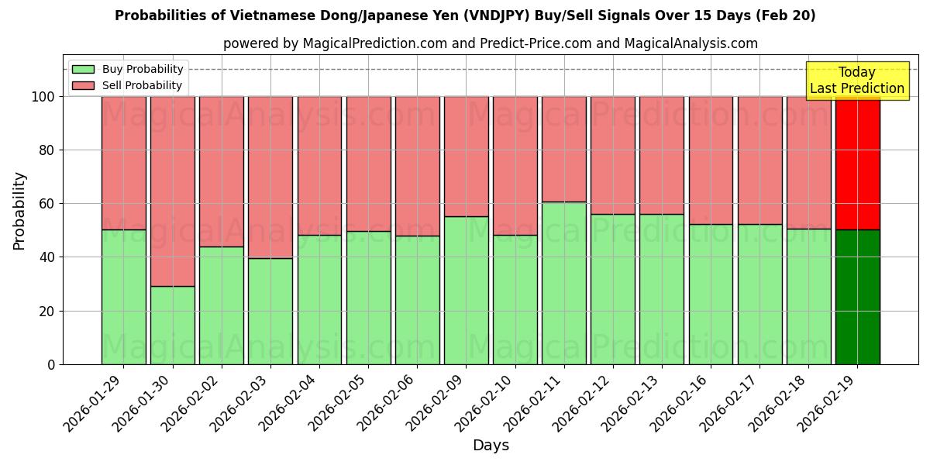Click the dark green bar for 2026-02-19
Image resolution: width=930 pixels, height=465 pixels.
click(857, 297)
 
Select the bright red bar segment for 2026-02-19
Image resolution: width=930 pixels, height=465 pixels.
click(857, 163)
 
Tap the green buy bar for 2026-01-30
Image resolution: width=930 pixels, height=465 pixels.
click(172, 325)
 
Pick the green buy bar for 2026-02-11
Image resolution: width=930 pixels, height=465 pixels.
click(563, 283)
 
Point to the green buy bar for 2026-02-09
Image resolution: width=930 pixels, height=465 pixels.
click(466, 291)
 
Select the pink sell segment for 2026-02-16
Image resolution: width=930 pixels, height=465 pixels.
click(711, 160)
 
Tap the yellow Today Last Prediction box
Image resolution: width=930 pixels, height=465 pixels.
click(856, 81)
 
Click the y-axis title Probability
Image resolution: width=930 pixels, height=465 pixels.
click(19, 211)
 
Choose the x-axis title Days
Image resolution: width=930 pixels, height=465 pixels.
click(491, 446)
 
